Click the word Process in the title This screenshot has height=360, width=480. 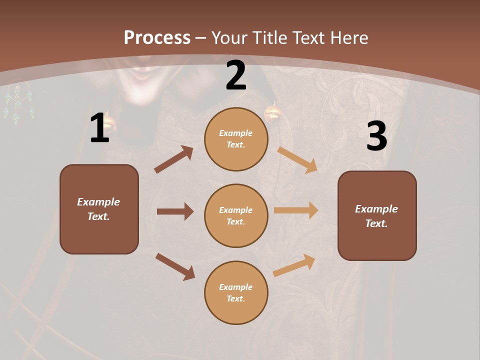(x=157, y=37)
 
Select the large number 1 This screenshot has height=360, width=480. (x=99, y=128)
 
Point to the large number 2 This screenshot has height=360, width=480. (x=236, y=76)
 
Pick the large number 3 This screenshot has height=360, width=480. (x=376, y=136)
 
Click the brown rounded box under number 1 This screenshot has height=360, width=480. (x=99, y=209)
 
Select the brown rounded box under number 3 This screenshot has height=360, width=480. (x=377, y=215)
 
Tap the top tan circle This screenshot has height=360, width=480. (x=236, y=139)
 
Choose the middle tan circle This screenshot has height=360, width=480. (x=236, y=215)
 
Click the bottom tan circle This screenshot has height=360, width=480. (x=236, y=292)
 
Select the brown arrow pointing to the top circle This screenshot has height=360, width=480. (x=174, y=159)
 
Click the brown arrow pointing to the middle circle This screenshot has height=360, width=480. (x=175, y=211)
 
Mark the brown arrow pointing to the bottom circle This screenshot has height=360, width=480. (x=175, y=266)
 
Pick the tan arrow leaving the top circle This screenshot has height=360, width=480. (x=297, y=159)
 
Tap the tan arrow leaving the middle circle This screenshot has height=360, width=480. (x=296, y=210)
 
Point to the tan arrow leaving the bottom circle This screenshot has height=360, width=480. (x=294, y=265)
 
